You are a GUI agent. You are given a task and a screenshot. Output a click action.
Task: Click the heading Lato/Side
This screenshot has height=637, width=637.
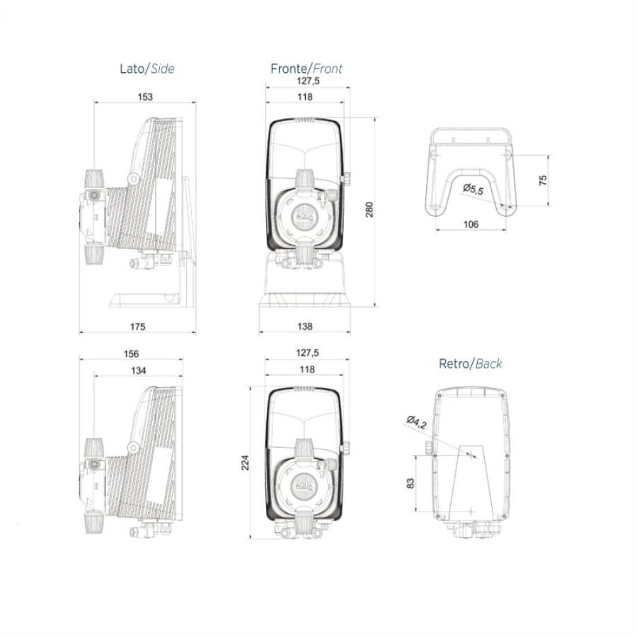147,69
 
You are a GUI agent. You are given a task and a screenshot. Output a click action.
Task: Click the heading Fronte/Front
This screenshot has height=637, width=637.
306,69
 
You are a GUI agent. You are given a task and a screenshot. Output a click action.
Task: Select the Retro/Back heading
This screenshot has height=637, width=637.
470,364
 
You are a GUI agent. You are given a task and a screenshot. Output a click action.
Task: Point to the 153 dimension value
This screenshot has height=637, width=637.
144,97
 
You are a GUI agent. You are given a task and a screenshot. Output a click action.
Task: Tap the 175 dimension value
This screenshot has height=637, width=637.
137,326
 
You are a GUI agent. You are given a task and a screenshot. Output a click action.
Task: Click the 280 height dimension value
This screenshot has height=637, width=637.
369,210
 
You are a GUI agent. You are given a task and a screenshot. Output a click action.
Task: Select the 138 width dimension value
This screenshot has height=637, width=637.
304,326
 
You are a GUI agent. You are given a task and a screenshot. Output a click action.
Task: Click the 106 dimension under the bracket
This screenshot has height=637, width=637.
471,224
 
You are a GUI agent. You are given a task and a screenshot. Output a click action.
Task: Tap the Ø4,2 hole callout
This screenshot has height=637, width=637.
416,423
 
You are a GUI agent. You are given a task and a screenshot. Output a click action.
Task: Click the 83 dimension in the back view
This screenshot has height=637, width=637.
411,484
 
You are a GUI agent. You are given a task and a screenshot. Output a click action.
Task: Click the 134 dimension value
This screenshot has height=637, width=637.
139,369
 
